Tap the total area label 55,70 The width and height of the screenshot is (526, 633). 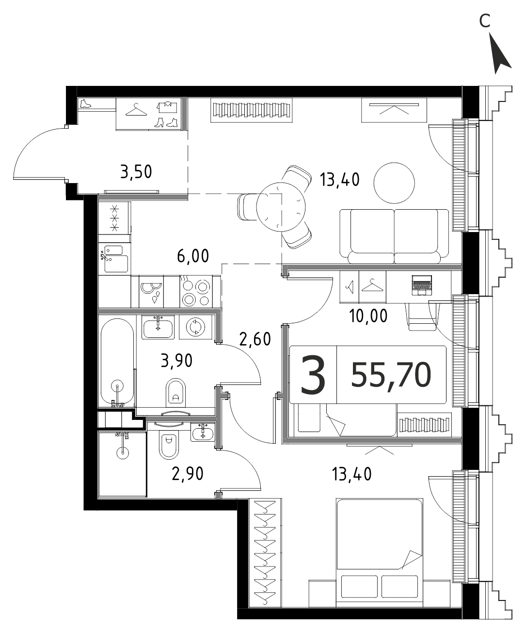click(x=391, y=375)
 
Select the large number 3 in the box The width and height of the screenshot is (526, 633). click(x=313, y=375)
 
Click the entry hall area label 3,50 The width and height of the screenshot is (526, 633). click(x=136, y=171)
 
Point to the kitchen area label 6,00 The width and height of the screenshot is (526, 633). click(x=193, y=256)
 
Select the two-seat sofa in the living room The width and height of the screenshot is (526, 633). click(x=394, y=236)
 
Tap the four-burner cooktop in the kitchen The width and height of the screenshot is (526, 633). click(x=196, y=291)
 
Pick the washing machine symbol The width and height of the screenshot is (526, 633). click(x=196, y=327)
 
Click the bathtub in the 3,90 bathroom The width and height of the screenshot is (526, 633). click(x=117, y=363)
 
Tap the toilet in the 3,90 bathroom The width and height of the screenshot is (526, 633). click(x=175, y=392)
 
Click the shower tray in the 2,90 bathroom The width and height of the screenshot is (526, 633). click(x=122, y=465)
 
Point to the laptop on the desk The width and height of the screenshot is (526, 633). click(x=422, y=285)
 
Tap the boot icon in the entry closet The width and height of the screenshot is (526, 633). click(x=86, y=104)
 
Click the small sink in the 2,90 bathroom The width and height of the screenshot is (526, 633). click(x=202, y=433)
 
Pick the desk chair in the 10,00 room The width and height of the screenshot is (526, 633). click(x=422, y=316)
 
